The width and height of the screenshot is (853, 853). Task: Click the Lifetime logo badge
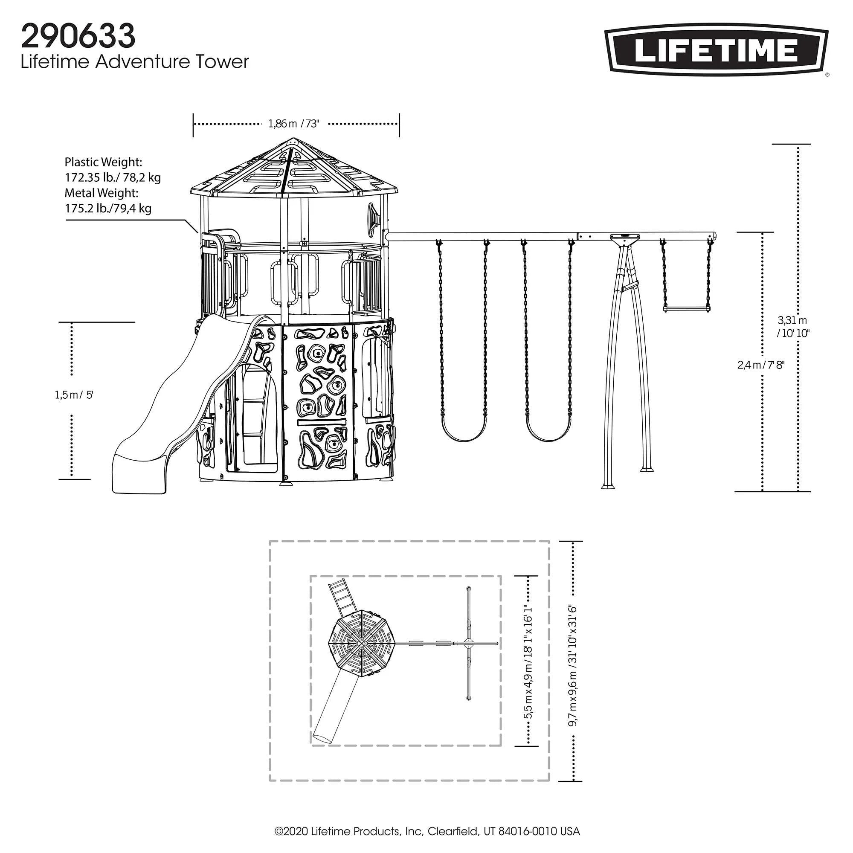[716, 49]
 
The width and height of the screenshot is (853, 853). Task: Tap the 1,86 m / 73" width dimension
[293, 124]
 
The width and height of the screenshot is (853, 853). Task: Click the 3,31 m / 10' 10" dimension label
[792, 327]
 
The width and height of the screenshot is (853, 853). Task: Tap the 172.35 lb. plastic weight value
[113, 177]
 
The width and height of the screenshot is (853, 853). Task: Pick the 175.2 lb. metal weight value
[108, 208]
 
